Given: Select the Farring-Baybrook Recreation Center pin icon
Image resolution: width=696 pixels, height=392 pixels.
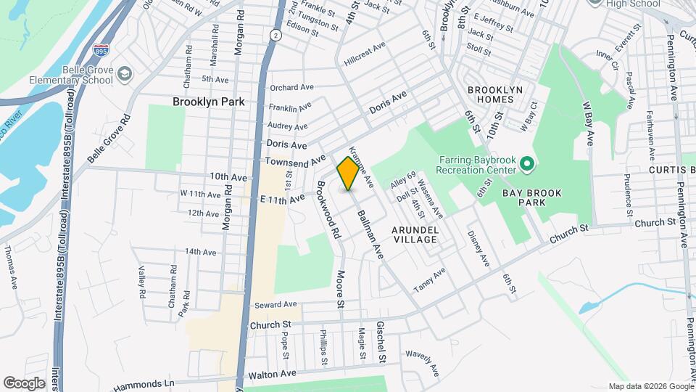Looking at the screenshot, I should [x=527, y=165].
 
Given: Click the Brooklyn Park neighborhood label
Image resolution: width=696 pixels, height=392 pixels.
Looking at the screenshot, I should [x=208, y=102].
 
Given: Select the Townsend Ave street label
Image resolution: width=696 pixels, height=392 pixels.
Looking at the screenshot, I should [x=295, y=160].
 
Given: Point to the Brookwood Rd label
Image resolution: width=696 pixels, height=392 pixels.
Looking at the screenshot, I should [x=328, y=210].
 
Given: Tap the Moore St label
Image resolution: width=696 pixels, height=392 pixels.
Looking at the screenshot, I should [x=339, y=288].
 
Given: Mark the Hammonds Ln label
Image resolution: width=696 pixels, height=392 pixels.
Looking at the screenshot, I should [x=145, y=383].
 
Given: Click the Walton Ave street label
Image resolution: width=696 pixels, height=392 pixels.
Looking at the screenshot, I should [x=273, y=375].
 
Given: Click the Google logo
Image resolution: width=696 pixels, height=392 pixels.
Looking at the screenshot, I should [x=24, y=383].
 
